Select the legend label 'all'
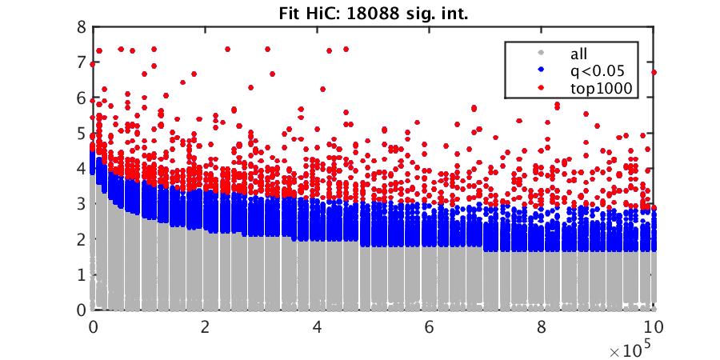(x=578, y=54)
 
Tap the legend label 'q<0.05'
(x=592, y=72)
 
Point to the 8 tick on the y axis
(x=81, y=26)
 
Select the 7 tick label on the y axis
(x=81, y=62)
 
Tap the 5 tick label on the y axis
(x=81, y=133)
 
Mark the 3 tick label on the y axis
(x=81, y=203)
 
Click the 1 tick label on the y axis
(x=81, y=274)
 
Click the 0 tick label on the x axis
(x=93, y=327)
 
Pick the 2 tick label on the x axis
(x=206, y=327)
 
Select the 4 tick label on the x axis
(x=318, y=327)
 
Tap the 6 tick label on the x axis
(x=430, y=327)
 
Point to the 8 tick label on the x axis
(x=542, y=327)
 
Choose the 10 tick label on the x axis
(x=654, y=327)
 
